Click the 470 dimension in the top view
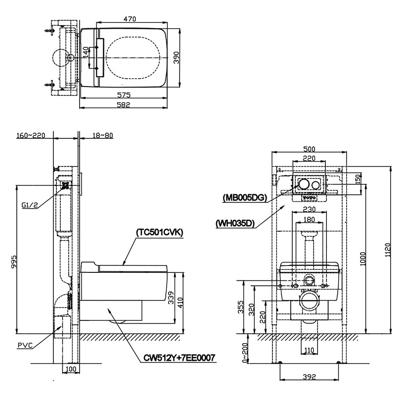pyautogui.click(x=130, y=19)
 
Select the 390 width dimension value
pyautogui.click(x=176, y=58)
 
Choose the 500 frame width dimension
pyautogui.click(x=309, y=149)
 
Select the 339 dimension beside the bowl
pyautogui.click(x=171, y=297)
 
